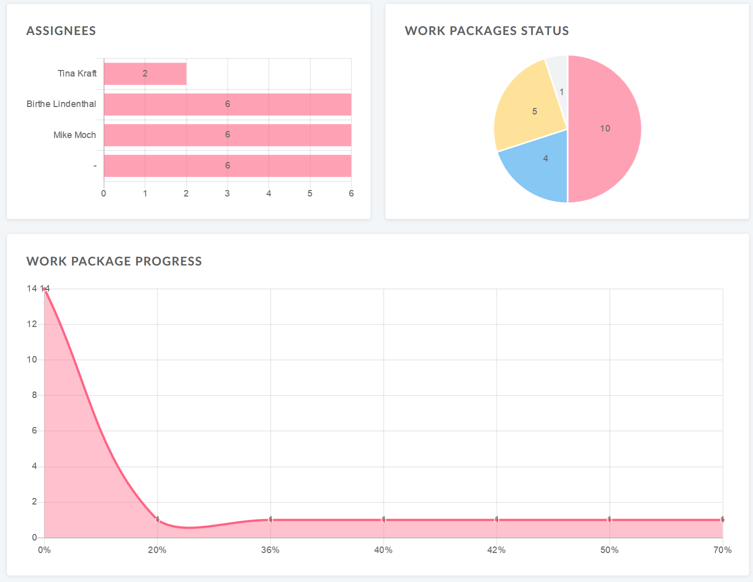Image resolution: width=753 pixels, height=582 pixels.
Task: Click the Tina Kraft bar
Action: point(145,73)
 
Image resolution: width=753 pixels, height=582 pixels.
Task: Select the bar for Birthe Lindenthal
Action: point(227,104)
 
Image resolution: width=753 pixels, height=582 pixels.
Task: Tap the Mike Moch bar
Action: point(227,135)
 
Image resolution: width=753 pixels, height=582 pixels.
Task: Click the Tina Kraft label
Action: point(77,73)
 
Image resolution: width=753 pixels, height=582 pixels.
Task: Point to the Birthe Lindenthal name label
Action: point(61,104)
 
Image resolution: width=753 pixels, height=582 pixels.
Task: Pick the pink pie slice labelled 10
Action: point(605,128)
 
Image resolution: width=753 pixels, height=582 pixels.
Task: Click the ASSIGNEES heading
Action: point(61,31)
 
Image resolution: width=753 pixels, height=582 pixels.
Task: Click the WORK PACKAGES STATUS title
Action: point(486,31)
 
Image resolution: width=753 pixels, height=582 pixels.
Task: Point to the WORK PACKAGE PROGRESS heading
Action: point(114,261)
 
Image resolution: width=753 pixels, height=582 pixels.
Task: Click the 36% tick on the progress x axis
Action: point(270,550)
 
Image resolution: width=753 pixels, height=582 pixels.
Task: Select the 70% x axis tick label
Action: point(722,550)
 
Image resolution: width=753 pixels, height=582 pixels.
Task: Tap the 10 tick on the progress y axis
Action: point(32,359)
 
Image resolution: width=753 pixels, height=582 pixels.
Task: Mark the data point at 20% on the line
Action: point(157,519)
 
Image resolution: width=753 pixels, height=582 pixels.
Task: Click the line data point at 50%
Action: point(609,519)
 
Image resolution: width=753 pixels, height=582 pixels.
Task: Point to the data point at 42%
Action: point(496,519)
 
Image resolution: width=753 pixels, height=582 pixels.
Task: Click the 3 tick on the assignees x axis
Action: point(227,193)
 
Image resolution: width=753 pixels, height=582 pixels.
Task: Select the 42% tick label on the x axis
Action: point(496,550)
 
